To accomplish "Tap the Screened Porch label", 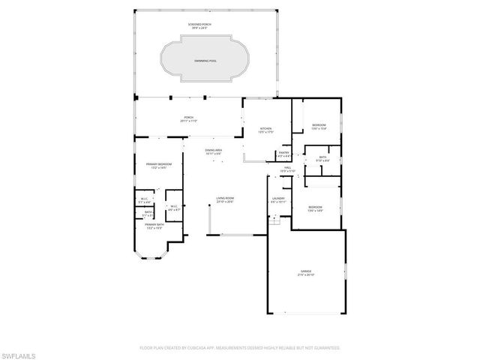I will click(200, 25).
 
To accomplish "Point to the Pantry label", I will click(283, 154).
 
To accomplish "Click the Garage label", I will click(306, 271).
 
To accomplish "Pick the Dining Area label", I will click(214, 151).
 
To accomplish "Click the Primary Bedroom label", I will click(159, 165).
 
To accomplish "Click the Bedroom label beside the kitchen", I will click(319, 126).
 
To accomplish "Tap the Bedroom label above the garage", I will click(315, 208).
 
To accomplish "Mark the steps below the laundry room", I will click(275, 220).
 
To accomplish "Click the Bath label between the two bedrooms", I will click(322, 157).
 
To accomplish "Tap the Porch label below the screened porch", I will click(188, 118).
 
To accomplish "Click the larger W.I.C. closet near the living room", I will click(173, 208).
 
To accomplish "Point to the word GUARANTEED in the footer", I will click(323, 348).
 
